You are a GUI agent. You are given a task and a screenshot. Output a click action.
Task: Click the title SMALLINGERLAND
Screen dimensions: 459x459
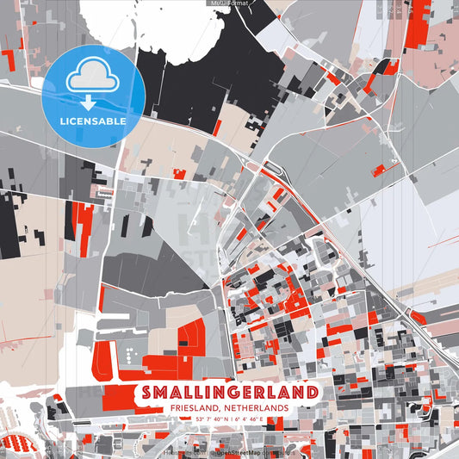(x=226, y=392)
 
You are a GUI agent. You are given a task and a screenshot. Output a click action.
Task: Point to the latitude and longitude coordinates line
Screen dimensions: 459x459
(x=228, y=419)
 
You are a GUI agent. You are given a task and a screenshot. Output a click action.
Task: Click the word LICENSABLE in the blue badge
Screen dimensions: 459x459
(x=92, y=121)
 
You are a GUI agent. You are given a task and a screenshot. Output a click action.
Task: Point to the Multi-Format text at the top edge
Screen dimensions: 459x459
(x=229, y=3)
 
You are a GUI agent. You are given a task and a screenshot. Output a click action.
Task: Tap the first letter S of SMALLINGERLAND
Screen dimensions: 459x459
(x=143, y=392)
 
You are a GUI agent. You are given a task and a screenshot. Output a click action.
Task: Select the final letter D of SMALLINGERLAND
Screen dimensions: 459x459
(x=309, y=392)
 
